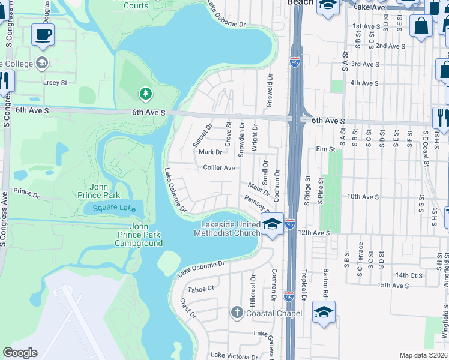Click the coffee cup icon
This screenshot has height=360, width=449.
43,35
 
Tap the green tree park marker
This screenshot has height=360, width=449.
145,94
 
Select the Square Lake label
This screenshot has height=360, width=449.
110,208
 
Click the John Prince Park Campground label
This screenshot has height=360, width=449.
139,235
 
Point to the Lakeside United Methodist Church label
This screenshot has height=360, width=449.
227,229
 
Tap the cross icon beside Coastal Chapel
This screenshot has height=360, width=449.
237,313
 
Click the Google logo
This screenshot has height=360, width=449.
20,353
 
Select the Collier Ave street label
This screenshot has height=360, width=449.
218,168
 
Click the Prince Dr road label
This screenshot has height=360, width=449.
26,193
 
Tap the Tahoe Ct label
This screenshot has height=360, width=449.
200,289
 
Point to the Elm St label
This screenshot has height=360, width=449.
324,149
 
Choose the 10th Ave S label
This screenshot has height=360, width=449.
363,196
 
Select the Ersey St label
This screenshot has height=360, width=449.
55,82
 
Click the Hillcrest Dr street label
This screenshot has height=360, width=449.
253,289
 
